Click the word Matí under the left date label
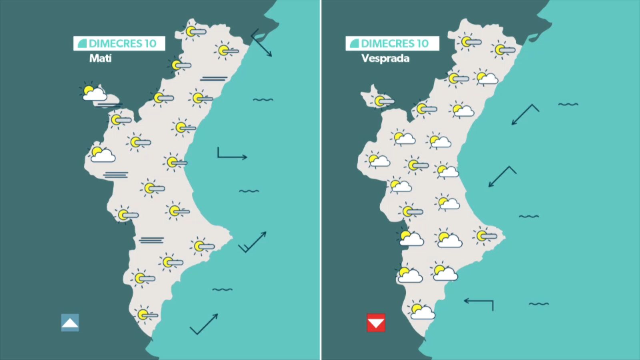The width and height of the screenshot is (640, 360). pos(100,58)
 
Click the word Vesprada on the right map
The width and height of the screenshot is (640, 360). pos(385,58)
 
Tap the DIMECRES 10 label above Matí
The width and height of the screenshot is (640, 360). pos(119,43)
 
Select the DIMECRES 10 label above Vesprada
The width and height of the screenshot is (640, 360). pos(392,43)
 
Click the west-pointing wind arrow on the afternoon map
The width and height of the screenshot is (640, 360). pos(479,303)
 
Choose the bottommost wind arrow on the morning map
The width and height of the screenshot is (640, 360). pos(204,324)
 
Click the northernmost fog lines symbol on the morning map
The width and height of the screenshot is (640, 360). pos(214,79)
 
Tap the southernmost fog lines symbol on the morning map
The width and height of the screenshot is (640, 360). pos(152,240)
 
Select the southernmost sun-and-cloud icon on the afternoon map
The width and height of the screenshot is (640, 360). pos(421,311)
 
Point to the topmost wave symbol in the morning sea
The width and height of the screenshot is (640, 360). pos(263,100)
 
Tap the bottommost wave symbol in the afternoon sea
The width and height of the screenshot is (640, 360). pos(538,304)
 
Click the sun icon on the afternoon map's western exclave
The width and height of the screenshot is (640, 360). pos(382,101)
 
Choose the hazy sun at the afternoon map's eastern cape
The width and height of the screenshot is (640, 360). pos(484,236)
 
